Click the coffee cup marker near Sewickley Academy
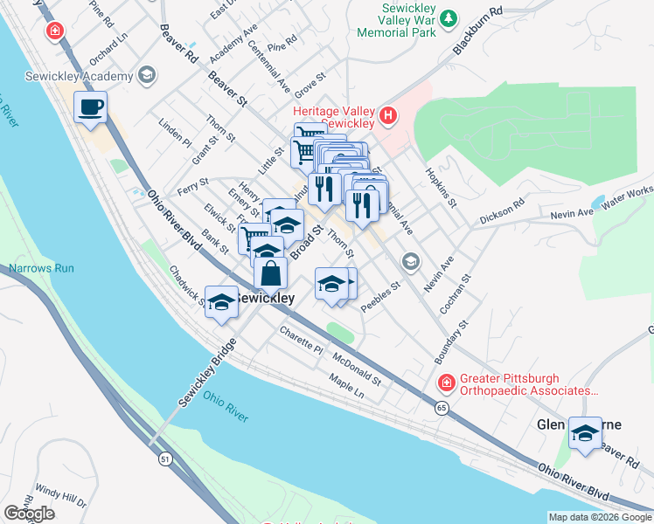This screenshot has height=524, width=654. click(x=90, y=107)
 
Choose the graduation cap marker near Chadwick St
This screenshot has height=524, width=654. click(x=221, y=301)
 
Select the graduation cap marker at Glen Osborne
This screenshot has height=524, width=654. click(x=585, y=432)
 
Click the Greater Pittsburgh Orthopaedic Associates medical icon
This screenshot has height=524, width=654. click(x=447, y=383)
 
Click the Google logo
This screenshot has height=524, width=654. click(x=29, y=513)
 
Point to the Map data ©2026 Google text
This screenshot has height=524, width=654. click(x=599, y=517)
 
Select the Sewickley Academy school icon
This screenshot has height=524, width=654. click(x=145, y=75)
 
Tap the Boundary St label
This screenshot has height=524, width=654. click(x=452, y=341)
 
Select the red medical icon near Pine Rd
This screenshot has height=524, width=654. click(x=55, y=31)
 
